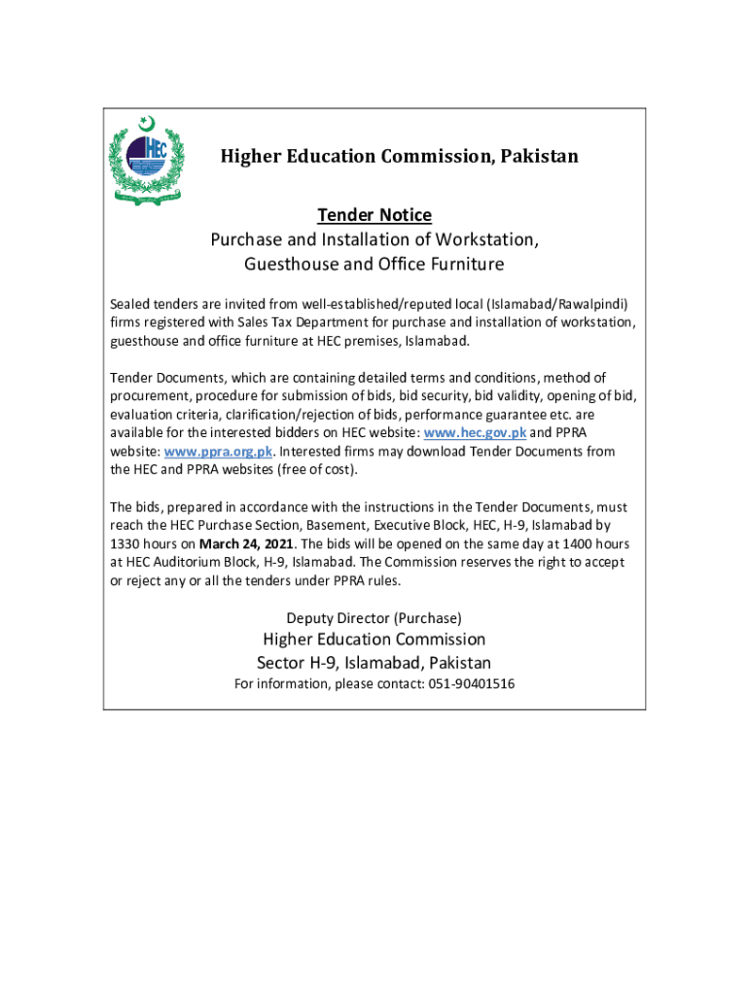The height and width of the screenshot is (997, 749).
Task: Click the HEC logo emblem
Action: (147, 160)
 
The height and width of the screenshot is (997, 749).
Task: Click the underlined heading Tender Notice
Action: (374, 214)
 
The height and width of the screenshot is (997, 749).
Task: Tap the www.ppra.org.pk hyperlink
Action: (219, 451)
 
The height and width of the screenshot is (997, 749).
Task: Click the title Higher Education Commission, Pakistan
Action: (399, 156)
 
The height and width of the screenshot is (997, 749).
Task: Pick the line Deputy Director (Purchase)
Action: (374, 617)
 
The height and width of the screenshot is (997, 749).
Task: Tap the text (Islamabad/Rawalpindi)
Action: (556, 302)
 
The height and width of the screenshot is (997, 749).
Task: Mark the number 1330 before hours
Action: (127, 543)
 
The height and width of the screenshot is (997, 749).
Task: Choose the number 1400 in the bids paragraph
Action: (573, 543)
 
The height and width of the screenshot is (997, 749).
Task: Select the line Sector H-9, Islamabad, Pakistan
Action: (374, 663)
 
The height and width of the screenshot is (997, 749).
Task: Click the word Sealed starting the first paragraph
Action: (130, 302)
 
